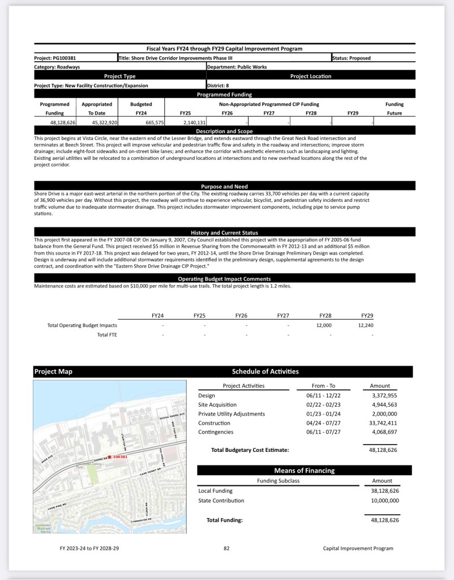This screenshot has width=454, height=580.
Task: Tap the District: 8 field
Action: [x=219, y=86]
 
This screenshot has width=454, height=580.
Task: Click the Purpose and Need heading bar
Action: [x=224, y=187]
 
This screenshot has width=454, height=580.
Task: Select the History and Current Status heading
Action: [x=224, y=232]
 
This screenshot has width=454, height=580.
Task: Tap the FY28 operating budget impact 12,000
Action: [x=324, y=325]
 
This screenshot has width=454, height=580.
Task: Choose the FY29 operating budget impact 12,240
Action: [x=366, y=325]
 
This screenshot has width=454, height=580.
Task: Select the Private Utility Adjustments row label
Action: [x=232, y=414]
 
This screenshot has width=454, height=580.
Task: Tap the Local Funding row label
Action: [x=215, y=491]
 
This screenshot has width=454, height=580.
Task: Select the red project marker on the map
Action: [x=109, y=456]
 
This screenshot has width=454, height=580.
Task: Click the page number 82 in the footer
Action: [x=226, y=548]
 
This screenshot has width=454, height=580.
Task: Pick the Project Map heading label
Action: [x=53, y=372]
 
